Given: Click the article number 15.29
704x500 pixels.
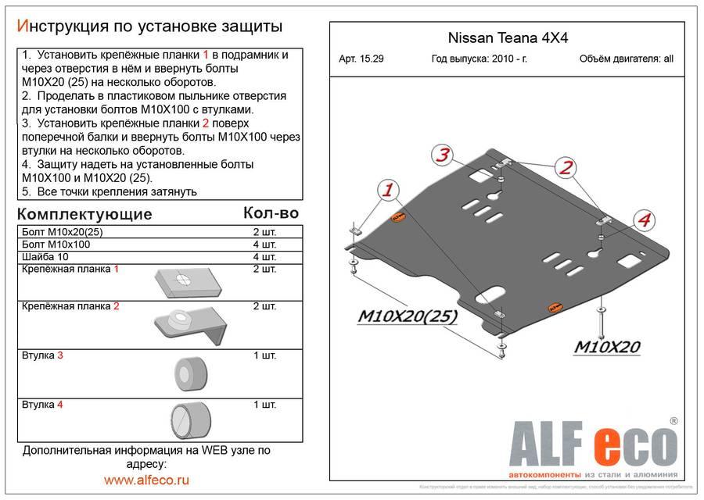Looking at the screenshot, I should coord(362,59).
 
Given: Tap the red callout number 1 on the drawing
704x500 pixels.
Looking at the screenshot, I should coord(387,190).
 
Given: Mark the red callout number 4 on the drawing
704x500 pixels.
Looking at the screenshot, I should coord(643,222).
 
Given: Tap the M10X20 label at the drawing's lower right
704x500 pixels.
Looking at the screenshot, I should coord(609,346).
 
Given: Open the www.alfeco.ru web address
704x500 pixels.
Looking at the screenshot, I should coord(146,480).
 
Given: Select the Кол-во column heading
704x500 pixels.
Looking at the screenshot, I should coord(271,212).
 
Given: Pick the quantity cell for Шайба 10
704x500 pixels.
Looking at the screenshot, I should coord(264,257).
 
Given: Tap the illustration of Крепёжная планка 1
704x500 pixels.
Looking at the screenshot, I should coord(182,280).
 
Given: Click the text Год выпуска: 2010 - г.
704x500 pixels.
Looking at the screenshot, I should coord(478,59).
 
